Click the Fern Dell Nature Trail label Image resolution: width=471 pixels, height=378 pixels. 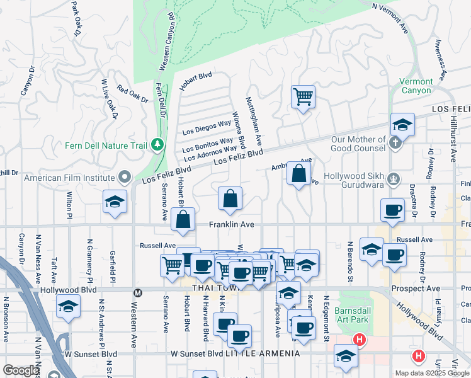click(106, 145)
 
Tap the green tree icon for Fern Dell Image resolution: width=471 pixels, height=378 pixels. click(157, 146)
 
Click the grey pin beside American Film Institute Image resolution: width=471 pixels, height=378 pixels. click(125, 178)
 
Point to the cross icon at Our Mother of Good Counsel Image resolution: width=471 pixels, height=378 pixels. click(395, 143)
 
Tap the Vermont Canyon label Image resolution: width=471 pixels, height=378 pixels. click(416, 86)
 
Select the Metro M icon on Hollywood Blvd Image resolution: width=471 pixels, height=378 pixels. click(138, 292)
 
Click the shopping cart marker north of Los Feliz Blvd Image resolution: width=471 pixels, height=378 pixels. click(303, 97)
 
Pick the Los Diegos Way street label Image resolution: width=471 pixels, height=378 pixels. click(207, 127)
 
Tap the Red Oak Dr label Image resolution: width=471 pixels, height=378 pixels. click(132, 94)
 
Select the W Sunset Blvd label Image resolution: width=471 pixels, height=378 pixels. click(197, 354)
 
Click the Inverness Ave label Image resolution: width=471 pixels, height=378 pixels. click(441, 60)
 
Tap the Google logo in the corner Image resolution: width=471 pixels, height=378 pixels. click(21, 370)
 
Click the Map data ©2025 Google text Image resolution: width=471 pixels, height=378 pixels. click(431, 373)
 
